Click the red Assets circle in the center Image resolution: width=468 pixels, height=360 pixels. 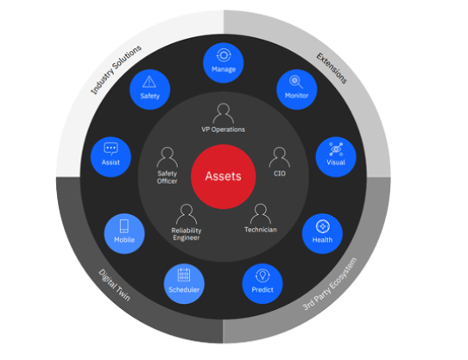point(224,176)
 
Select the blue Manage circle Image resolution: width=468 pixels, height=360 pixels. point(224,63)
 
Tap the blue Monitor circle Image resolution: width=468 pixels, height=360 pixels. point(297,90)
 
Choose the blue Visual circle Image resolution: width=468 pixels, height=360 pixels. point(336,157)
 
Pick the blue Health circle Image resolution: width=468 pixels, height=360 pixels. point(322,234)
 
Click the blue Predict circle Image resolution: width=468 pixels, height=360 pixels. point(262,283)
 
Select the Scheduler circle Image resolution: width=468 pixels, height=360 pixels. point(184,283)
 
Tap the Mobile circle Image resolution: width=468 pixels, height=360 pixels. point(124,234)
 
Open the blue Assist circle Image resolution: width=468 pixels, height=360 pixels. point(111,157)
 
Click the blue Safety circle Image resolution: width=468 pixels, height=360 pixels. point(150,90)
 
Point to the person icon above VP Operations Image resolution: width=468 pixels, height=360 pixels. point(224,113)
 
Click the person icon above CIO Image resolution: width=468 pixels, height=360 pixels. point(280,157)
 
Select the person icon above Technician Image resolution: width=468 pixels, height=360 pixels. point(261,214)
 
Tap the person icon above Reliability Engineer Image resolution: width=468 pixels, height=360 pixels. point(187,214)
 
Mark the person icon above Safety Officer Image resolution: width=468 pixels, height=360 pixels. point(168,157)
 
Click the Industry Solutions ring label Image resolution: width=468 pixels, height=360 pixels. point(116,70)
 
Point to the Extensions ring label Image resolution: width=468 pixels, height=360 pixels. point(332,68)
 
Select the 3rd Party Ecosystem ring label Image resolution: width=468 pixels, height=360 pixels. point(330,284)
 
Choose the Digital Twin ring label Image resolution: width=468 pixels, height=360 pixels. point(114,285)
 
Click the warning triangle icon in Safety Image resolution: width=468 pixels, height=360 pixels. point(149,82)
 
